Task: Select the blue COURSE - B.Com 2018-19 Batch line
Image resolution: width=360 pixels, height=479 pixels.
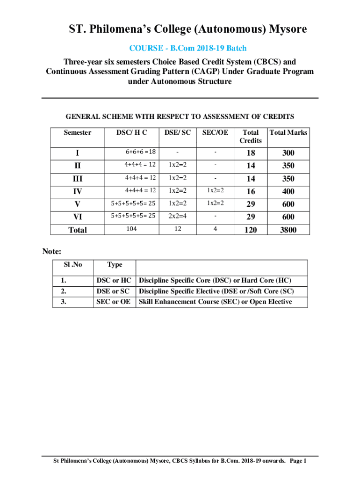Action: click(x=187, y=48)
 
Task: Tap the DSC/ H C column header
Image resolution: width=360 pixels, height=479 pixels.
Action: click(x=131, y=133)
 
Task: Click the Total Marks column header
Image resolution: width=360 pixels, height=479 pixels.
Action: click(x=288, y=133)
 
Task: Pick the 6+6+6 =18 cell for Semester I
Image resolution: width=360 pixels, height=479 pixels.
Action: click(x=140, y=152)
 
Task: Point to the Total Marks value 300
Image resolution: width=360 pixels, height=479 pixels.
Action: click(x=288, y=153)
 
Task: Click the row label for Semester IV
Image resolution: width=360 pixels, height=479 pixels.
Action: click(x=77, y=191)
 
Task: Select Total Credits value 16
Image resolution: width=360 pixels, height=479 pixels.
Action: click(x=251, y=191)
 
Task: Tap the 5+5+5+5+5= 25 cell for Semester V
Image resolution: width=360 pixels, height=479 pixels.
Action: click(x=133, y=203)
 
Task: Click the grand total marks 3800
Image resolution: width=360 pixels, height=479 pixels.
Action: click(x=288, y=230)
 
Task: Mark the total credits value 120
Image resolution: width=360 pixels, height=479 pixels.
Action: click(x=251, y=230)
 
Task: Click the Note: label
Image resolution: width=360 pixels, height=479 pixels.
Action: click(x=52, y=251)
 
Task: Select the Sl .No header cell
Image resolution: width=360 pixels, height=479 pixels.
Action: click(x=73, y=265)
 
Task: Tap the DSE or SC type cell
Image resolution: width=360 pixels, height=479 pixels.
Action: click(x=114, y=291)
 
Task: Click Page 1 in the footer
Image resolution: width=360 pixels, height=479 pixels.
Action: click(x=298, y=461)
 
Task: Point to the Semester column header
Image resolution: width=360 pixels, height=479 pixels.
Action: click(x=78, y=133)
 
